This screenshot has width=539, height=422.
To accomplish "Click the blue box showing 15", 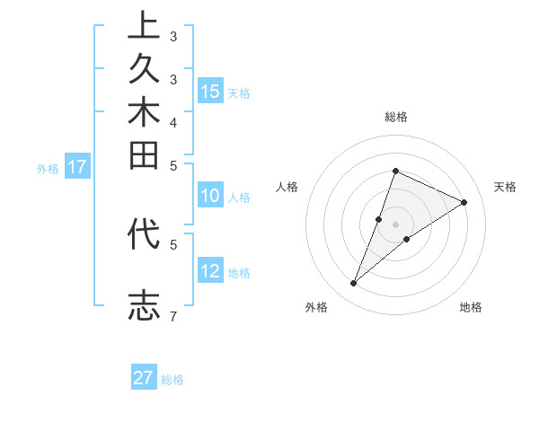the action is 210,91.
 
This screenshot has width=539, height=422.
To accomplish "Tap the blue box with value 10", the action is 210,197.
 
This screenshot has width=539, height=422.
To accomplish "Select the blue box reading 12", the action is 210,271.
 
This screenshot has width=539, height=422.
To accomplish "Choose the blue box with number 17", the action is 77,166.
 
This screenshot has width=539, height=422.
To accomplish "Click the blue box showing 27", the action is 144,378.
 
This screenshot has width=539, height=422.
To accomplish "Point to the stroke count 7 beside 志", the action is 172,316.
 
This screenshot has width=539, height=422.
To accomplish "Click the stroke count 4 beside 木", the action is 172,122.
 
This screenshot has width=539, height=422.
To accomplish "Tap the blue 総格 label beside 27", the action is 172,380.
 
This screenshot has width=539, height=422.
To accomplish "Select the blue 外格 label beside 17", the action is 48,168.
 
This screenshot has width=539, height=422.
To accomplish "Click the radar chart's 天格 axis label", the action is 505,187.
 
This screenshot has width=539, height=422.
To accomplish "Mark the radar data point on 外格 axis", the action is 354,284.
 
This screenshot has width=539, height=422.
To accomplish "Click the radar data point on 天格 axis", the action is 464,202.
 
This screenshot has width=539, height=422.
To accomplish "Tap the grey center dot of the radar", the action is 395,224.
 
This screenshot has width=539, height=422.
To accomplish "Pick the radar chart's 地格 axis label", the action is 471,307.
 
